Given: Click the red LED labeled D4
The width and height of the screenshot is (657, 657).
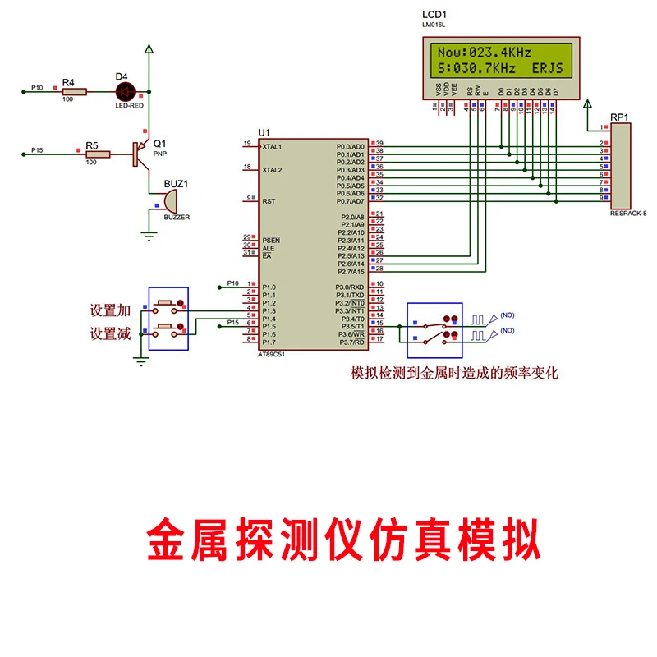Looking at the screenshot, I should click(126, 92).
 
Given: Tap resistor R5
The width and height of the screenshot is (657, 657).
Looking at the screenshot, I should click(98, 154).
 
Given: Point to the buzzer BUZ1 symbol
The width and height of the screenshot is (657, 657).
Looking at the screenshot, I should click(171, 200).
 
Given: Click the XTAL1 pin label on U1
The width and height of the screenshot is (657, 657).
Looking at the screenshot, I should click(272, 146).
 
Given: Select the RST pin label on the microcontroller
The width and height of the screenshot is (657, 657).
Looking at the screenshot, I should click(269, 200).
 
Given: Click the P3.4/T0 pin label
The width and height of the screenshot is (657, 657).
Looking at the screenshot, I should click(351, 318).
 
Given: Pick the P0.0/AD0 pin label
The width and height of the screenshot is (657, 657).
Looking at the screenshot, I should click(351, 146).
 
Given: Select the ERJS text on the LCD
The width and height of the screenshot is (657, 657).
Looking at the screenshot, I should click(548, 69).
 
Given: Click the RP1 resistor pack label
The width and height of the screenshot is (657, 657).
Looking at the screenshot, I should click(620, 117).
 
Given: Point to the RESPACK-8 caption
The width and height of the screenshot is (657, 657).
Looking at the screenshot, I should click(628, 213).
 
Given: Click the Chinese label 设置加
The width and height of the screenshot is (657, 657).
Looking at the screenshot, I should click(111, 311).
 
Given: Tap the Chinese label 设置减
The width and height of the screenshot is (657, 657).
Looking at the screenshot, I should click(111, 333).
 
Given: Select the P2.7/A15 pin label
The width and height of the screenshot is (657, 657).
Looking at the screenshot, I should click(351, 271).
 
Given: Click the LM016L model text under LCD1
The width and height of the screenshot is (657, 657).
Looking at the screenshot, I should click(434, 25).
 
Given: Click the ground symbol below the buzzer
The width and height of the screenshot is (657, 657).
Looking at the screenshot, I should click(149, 234).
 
